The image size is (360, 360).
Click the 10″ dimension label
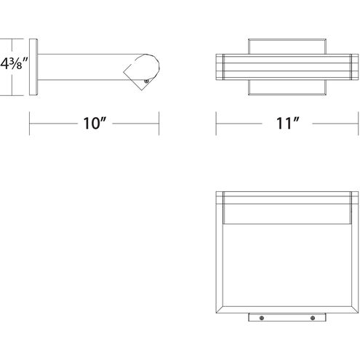click(95, 123)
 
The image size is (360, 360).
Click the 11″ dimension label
click(288, 123)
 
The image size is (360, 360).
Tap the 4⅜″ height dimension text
click(14, 64)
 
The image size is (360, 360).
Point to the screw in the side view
click(146, 81)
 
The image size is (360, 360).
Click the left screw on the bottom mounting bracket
click(262, 318)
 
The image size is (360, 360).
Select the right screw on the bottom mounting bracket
click(313, 318)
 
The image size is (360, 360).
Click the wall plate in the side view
click(33, 67)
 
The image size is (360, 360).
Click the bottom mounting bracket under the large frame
click(287, 317)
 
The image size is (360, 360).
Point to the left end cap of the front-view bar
click(220, 67)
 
